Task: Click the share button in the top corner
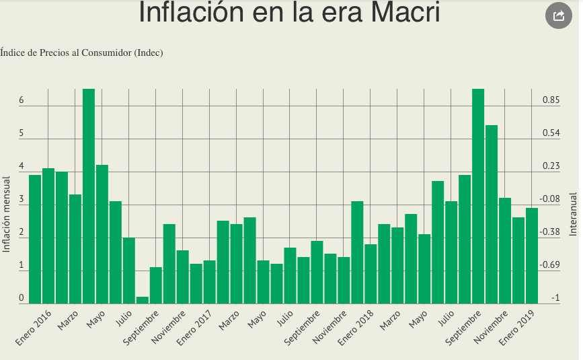pos(558,16)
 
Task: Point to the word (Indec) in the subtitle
pos(149,52)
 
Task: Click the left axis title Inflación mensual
pos(7,214)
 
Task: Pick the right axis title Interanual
pos(573,213)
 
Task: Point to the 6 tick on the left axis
pos(22,100)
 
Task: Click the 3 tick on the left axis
pos(22,200)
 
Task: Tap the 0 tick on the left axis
pos(22,298)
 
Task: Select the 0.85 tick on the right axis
pos(551,100)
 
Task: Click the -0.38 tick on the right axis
pos(551,232)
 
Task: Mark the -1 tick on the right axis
pos(555,298)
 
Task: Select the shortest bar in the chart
pos(143,300)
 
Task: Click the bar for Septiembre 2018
pos(478,196)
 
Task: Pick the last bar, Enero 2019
pos(532,256)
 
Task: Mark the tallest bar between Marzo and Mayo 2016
pos(89,196)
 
